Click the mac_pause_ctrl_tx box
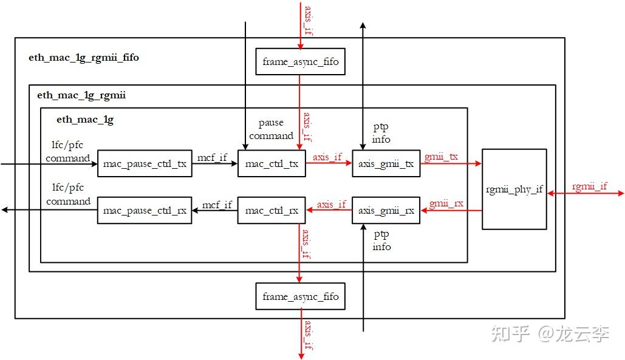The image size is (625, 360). pos(145,164)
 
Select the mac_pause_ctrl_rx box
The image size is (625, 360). pos(145,211)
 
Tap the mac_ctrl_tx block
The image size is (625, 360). pos(272,164)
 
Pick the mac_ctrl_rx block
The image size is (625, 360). pos(272,211)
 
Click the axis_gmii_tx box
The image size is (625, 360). pos(386,164)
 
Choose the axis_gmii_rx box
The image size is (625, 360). pos(386,211)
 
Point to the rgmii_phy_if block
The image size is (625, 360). pos(514,189)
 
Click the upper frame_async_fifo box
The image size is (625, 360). pos(300,62)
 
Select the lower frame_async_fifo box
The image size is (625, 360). pos(300,297)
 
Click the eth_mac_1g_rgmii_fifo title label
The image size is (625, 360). pos(84,58)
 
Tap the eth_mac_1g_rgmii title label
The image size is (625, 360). pos(81,95)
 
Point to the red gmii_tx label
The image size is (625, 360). pos(441,157)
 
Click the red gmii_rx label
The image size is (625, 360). pos(446,203)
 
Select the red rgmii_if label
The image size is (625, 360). pos(589,186)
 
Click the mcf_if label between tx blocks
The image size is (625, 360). pos(212,158)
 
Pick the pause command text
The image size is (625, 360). pos(271,129)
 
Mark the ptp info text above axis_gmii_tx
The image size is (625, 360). pos(381,134)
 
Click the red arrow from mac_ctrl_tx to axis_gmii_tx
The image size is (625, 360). pos(329,164)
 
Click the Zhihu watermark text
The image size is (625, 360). pos(550,333)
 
